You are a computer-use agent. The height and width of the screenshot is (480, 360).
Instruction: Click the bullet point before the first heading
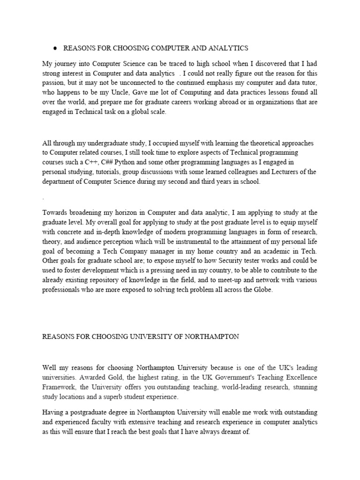click(55, 48)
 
